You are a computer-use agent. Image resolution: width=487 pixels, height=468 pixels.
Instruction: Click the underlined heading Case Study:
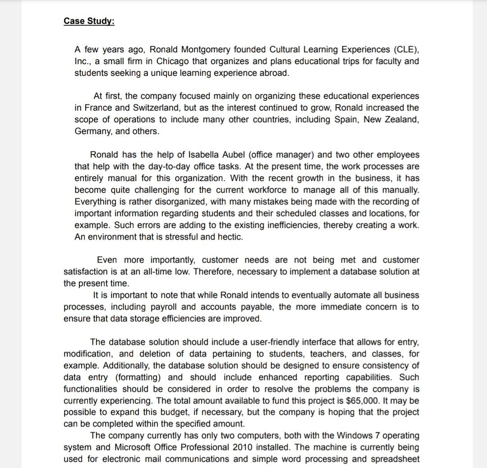[89, 21]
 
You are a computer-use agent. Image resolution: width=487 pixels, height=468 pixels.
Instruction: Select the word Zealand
[402, 120]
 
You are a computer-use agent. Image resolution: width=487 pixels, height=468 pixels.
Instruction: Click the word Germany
[92, 131]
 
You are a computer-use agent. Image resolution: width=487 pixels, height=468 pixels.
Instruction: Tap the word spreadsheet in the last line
[396, 459]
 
